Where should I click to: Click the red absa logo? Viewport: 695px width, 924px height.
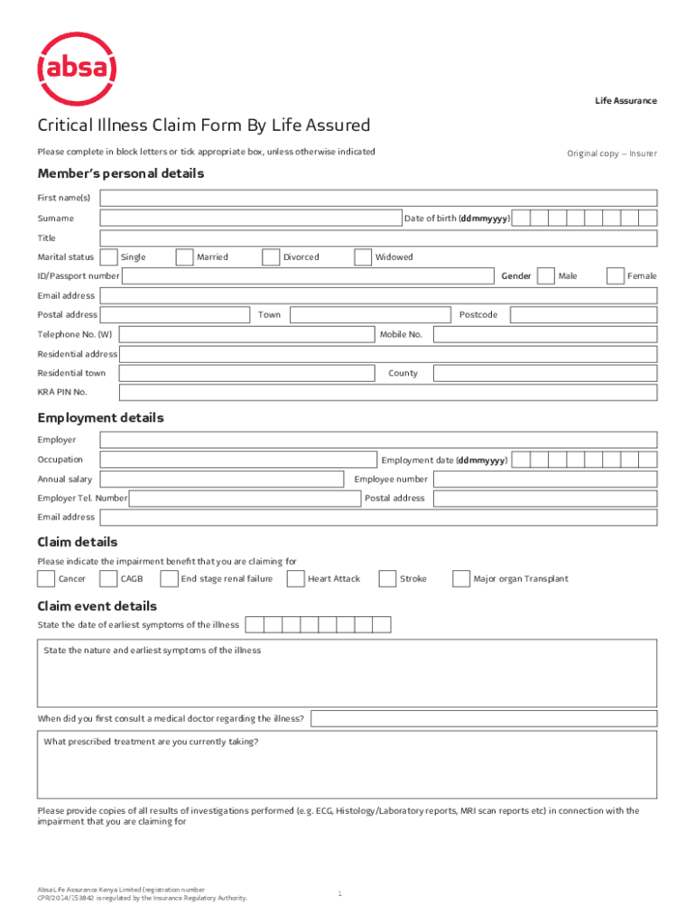click(x=76, y=69)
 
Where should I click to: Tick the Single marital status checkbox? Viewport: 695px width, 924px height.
click(x=108, y=257)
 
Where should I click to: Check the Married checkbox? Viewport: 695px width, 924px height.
click(x=184, y=257)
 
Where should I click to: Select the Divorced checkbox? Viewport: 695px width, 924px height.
click(x=271, y=257)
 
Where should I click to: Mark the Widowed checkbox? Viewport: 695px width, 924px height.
click(x=363, y=257)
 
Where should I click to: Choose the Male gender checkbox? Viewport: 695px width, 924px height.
click(x=545, y=275)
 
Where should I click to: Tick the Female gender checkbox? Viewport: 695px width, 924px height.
click(x=615, y=275)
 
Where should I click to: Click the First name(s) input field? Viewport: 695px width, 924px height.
click(x=378, y=199)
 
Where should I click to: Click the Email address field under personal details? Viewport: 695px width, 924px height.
click(x=378, y=296)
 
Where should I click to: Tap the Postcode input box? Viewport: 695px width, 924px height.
click(x=582, y=315)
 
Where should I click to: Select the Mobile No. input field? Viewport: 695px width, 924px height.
click(x=545, y=335)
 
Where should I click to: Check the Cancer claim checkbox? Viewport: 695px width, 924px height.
click(x=46, y=578)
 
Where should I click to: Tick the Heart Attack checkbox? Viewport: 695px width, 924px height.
click(x=295, y=578)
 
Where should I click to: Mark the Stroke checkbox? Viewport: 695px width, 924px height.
click(x=387, y=578)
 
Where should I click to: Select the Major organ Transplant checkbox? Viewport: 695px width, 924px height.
click(x=460, y=578)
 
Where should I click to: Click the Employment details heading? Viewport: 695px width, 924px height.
click(x=100, y=419)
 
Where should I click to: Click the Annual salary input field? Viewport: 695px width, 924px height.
click(x=221, y=479)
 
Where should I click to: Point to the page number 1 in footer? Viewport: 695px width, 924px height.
click(x=340, y=893)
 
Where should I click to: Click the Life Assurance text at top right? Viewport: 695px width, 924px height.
click(x=625, y=101)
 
